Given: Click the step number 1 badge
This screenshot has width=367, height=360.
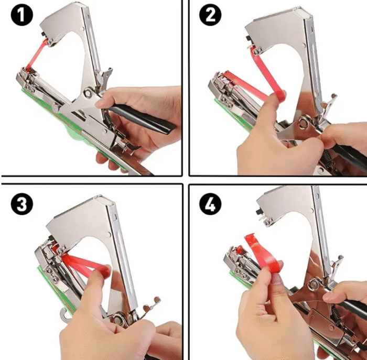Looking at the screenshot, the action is coord(22,15).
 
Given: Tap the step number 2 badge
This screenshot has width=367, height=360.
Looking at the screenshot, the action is coord(210,15).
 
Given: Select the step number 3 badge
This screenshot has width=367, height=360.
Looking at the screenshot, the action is coord(22,204).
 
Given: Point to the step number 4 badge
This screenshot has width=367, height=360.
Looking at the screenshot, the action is coord(210,204).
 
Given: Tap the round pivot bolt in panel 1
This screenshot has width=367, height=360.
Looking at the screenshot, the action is coord(88,93).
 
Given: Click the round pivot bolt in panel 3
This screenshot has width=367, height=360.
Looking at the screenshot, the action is coord(117,319).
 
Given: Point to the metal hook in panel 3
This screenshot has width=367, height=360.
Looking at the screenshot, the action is coord(64,314).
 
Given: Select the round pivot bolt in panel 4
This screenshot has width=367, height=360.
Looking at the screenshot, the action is coord(315,283).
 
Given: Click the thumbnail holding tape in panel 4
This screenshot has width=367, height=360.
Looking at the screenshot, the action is coord(277,280).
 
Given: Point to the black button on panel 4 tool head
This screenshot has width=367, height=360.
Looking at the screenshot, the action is coord(259,212).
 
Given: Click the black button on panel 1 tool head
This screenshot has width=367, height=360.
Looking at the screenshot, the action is coord(44,34).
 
